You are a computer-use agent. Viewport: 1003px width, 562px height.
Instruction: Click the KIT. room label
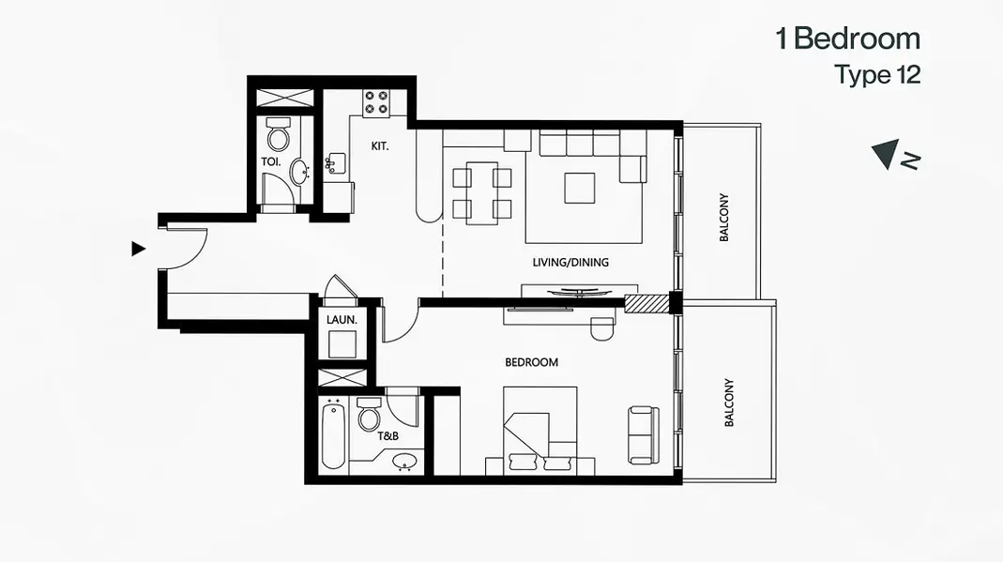tap(379, 146)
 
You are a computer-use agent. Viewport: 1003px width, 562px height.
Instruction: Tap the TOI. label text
tap(270, 161)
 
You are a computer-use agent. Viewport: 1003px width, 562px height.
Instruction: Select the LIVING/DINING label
tap(570, 262)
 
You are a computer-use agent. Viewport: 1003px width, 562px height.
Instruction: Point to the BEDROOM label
tap(532, 362)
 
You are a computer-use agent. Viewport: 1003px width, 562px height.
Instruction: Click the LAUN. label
tap(342, 320)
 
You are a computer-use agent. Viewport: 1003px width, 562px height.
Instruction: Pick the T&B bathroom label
tap(388, 436)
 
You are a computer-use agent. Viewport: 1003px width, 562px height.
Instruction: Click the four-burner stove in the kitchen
tap(376, 103)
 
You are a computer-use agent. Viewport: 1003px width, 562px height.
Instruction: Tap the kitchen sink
tap(335, 163)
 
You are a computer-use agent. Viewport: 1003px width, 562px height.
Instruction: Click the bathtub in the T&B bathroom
tap(334, 436)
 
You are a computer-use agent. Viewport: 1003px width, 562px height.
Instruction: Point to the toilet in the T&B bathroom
tap(369, 415)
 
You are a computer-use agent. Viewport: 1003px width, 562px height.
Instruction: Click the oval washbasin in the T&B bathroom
tap(404, 462)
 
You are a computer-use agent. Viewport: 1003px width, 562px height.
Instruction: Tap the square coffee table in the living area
tap(580, 189)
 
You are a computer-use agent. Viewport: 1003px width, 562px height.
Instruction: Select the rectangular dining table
tap(482, 193)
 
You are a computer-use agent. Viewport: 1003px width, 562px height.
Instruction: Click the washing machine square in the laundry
tap(342, 344)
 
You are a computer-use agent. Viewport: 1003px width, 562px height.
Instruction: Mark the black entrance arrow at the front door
tap(138, 249)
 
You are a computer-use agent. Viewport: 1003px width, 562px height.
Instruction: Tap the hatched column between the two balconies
tap(646, 303)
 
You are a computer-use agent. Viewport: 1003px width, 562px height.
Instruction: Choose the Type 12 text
tap(877, 75)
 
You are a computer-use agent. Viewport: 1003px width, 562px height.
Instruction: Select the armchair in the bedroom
tap(644, 435)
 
